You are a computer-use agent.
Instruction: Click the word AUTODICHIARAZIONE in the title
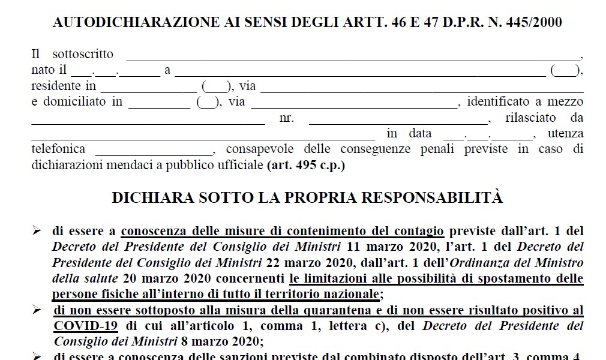tap(119, 23)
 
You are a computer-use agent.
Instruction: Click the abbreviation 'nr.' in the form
tap(287, 118)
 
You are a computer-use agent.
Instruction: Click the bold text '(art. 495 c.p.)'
tap(306, 164)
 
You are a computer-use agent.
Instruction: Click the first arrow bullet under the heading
tap(37, 231)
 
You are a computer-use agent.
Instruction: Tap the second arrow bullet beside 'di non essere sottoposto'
tap(37, 310)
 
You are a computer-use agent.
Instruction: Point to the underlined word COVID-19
tap(85, 326)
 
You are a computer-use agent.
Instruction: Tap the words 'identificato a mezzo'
tap(526, 101)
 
